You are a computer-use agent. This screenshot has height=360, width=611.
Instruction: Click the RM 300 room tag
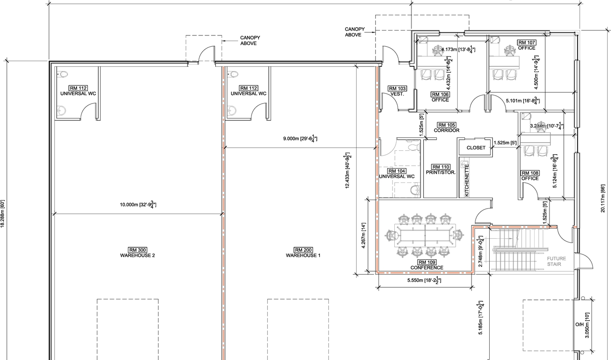pyautogui.click(x=137, y=250)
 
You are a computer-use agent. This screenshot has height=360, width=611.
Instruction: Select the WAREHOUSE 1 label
pyautogui.click(x=303, y=255)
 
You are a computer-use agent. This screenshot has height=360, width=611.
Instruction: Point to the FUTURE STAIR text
pyautogui.click(x=557, y=261)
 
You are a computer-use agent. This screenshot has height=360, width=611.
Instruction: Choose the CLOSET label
pyautogui.click(x=475, y=148)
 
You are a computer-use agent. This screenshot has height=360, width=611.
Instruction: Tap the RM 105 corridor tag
pyautogui.click(x=447, y=125)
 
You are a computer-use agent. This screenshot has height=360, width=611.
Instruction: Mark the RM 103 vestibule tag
pyautogui.click(x=397, y=88)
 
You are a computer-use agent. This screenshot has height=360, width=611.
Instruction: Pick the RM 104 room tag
pyautogui.click(x=397, y=171)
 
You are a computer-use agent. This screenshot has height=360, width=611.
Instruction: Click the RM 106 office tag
pyautogui.click(x=440, y=94)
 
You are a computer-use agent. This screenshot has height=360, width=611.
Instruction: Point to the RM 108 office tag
pyautogui.click(x=530, y=173)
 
